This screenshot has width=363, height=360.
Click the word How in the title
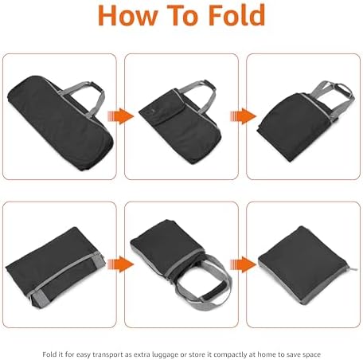[128, 15]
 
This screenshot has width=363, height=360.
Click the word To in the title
[183, 15]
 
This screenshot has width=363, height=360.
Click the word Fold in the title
[236, 15]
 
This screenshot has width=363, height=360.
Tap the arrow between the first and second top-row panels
[120, 116]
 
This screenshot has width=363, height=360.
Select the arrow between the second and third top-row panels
[243, 116]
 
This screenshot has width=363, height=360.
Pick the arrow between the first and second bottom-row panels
[120, 264]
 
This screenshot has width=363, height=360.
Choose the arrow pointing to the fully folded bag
[243, 264]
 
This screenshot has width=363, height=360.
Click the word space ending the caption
[312, 355]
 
